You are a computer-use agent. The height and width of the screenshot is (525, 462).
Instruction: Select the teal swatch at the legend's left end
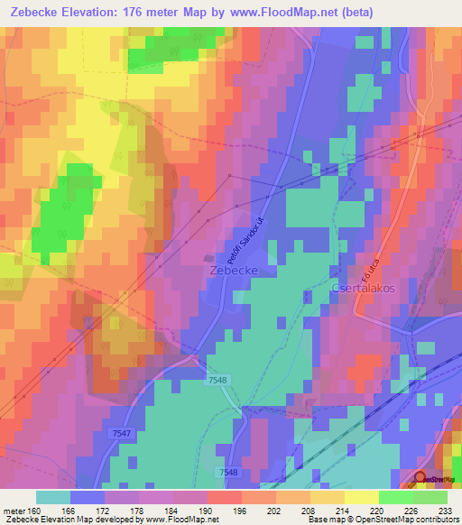point(53,497)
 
